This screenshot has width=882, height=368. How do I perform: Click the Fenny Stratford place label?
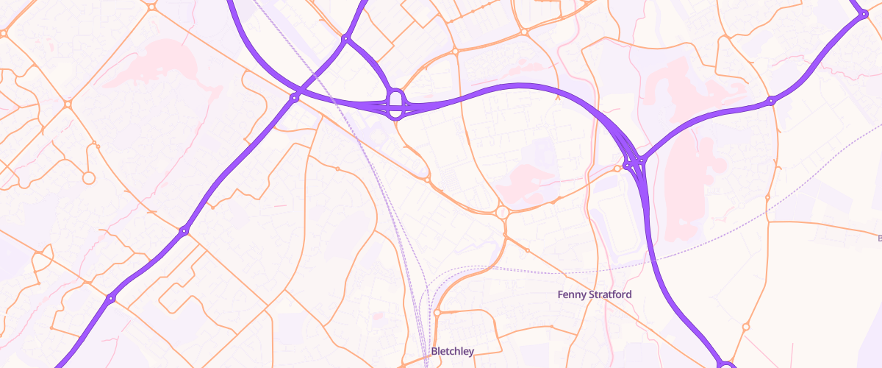pyautogui.click(x=595, y=294)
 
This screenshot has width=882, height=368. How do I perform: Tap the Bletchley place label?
pyautogui.click(x=453, y=351)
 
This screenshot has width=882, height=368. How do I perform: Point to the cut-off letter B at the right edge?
pyautogui.click(x=880, y=238)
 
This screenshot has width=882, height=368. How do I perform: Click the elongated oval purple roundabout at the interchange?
pyautogui.click(x=395, y=104)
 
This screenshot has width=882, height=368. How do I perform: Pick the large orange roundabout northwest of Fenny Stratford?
pyautogui.click(x=502, y=212)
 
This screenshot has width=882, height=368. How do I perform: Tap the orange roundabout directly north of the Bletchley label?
pyautogui.click(x=437, y=313)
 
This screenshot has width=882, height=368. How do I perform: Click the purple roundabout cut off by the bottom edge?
pyautogui.click(x=726, y=365)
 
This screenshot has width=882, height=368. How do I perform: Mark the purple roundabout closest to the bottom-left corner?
pyautogui.click(x=110, y=298)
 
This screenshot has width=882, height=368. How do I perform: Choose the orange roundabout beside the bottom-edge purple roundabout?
pyautogui.click(x=746, y=327)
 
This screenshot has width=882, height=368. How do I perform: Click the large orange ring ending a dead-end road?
pyautogui.click(x=88, y=177)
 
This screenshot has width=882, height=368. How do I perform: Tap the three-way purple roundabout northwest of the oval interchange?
pyautogui.click(x=345, y=38)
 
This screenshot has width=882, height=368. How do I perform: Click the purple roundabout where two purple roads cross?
pyautogui.click(x=294, y=96)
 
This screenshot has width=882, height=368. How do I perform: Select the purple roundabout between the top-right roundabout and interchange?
pyautogui.click(x=771, y=100)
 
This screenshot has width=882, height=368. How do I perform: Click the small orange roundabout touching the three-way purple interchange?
pyautogui.click(x=617, y=169)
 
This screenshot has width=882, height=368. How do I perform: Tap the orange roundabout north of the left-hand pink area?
pyautogui.click(x=151, y=7)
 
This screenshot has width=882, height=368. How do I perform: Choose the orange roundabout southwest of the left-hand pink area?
pyautogui.click(x=68, y=105)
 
